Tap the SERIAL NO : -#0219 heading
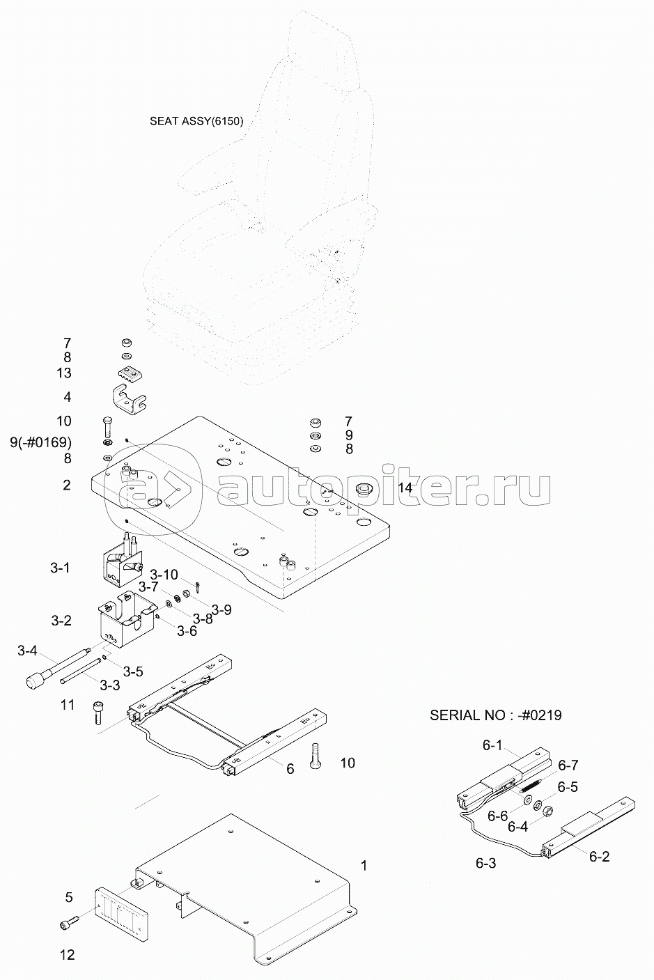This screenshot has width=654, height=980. point(496,715)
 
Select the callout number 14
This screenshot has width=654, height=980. point(405,488)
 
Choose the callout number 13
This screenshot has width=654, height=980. point(64,373)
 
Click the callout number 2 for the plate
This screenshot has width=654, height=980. point(66,485)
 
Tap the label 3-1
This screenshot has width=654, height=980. point(60,568)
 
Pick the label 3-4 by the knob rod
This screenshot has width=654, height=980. point(27,651)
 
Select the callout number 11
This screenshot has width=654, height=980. point(67,706)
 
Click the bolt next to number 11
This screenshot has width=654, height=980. point(98,713)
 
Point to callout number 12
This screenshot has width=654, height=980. point(67,954)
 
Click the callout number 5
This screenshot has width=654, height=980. point(68,897)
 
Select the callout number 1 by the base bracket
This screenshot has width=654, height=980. point(364,866)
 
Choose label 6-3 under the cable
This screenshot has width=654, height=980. point(485,863)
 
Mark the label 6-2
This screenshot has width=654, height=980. point(599,857)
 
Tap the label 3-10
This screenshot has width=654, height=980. point(165,575)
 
